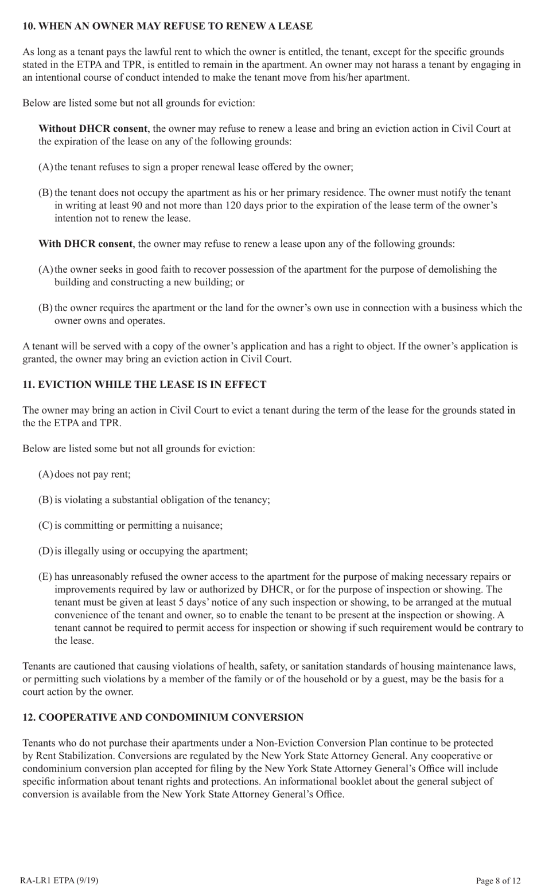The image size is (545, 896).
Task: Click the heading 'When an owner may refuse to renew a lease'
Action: click(x=168, y=26)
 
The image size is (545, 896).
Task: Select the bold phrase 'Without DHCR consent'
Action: click(x=93, y=129)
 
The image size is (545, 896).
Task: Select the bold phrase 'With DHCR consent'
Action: click(x=85, y=244)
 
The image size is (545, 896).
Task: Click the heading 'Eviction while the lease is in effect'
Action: click(x=145, y=384)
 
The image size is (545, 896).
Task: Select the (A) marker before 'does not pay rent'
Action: click(x=45, y=474)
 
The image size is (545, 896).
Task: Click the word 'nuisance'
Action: click(x=202, y=525)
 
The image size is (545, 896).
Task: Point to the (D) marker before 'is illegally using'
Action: click(x=45, y=551)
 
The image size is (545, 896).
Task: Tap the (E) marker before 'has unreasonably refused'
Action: click(x=45, y=577)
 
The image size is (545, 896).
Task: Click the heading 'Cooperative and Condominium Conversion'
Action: click(x=163, y=717)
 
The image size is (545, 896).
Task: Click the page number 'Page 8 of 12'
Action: click(x=498, y=881)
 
